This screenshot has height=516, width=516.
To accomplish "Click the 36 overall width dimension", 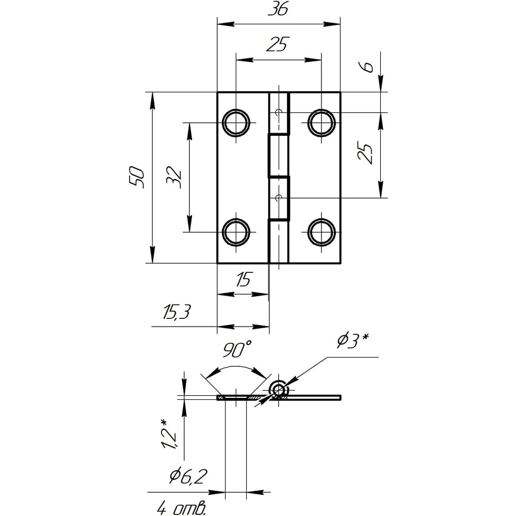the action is point(278,9).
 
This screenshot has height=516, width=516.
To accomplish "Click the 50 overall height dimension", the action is point(137,178).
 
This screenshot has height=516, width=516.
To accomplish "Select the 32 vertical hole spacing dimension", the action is point(174,178).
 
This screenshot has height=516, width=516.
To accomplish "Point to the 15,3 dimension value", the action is point(176,312).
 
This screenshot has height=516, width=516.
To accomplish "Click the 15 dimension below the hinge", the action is point(243,279).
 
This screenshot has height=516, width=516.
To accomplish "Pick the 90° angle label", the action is point(237,349).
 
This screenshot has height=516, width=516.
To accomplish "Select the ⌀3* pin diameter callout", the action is point(352,341).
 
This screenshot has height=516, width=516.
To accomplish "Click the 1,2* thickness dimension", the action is point(169,434).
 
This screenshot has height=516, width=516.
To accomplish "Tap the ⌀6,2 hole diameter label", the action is point(188,476).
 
